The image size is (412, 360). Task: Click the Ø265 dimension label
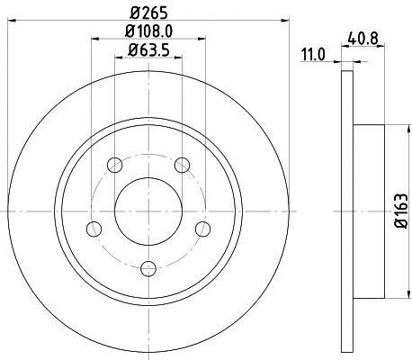click(148, 13)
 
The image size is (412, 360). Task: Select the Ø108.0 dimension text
click(148, 31)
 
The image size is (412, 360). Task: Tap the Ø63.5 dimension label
click(148, 49)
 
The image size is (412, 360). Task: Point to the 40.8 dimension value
click(363, 39)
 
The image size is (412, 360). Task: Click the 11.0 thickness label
click(313, 55)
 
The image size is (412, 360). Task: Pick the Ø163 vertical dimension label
click(401, 211)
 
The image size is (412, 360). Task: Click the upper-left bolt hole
click(115, 165)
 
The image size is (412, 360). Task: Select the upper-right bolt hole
click(182, 165)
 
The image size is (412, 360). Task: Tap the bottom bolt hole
click(148, 268)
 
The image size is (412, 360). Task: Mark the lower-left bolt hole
click(94, 229)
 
